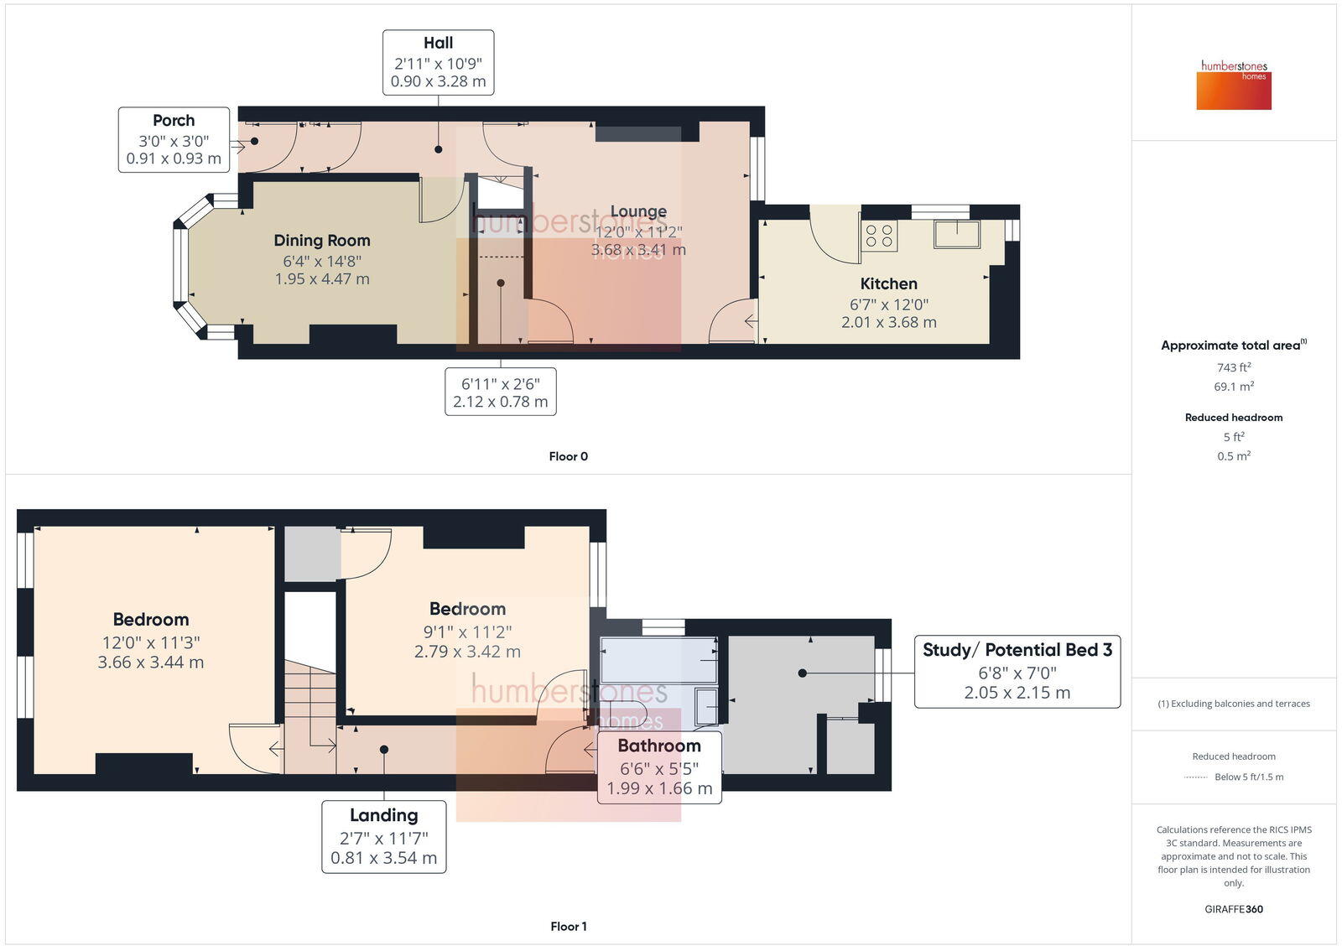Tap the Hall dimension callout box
(438, 62)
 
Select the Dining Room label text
(322, 241)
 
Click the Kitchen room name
(888, 283)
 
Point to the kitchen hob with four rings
(879, 236)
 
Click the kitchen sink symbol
(957, 234)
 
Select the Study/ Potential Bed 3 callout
(1017, 670)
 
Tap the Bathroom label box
(659, 767)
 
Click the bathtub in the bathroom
(658, 659)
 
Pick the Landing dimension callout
(384, 836)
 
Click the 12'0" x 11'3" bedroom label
(151, 641)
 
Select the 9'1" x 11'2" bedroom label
(467, 630)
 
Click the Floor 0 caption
(568, 456)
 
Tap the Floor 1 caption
(568, 926)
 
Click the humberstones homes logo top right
(1234, 86)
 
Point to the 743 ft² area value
(1234, 367)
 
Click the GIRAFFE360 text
(1234, 909)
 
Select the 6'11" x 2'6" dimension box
(501, 392)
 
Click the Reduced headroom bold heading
(1234, 417)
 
